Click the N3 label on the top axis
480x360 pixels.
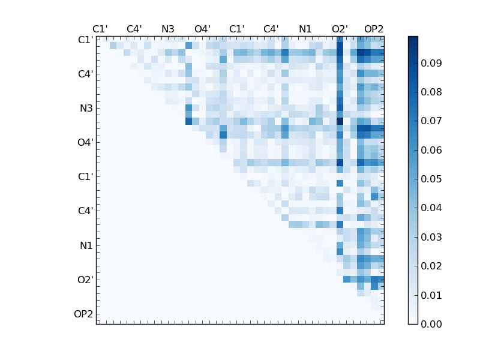(168, 29)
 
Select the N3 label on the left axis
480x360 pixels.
(86, 109)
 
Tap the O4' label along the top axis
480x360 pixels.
(202, 29)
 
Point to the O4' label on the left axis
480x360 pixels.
(84, 143)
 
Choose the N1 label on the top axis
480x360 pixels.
(305, 29)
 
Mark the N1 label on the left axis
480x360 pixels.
(86, 245)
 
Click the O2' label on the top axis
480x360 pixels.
(340, 29)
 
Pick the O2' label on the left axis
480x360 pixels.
(84, 280)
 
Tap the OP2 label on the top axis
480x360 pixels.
(374, 29)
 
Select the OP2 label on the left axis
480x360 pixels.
(83, 314)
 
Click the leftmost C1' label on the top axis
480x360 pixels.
(100, 29)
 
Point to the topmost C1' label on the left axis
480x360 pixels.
(85, 40)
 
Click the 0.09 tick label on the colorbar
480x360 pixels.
(431, 63)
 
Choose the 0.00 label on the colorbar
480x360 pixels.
(431, 324)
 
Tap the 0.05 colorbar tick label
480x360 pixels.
(431, 179)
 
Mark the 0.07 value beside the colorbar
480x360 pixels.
(431, 121)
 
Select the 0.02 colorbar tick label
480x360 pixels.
(431, 266)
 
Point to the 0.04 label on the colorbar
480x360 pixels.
(431, 208)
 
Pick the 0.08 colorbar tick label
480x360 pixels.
(431, 92)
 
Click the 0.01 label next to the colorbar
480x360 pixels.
(431, 295)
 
